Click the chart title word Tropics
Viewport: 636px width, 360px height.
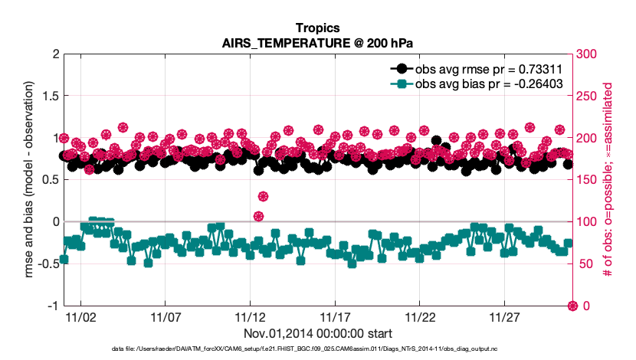tap(318, 28)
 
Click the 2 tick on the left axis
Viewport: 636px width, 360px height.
tap(54, 54)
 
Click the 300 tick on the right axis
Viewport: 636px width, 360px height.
tap(588, 54)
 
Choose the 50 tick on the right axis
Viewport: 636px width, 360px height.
tap(585, 264)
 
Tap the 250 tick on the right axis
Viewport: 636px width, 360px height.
tap(588, 97)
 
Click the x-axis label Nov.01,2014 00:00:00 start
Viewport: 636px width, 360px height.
tap(318, 334)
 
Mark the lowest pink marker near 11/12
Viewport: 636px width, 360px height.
tap(259, 216)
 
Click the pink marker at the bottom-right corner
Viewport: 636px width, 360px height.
tap(572, 306)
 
